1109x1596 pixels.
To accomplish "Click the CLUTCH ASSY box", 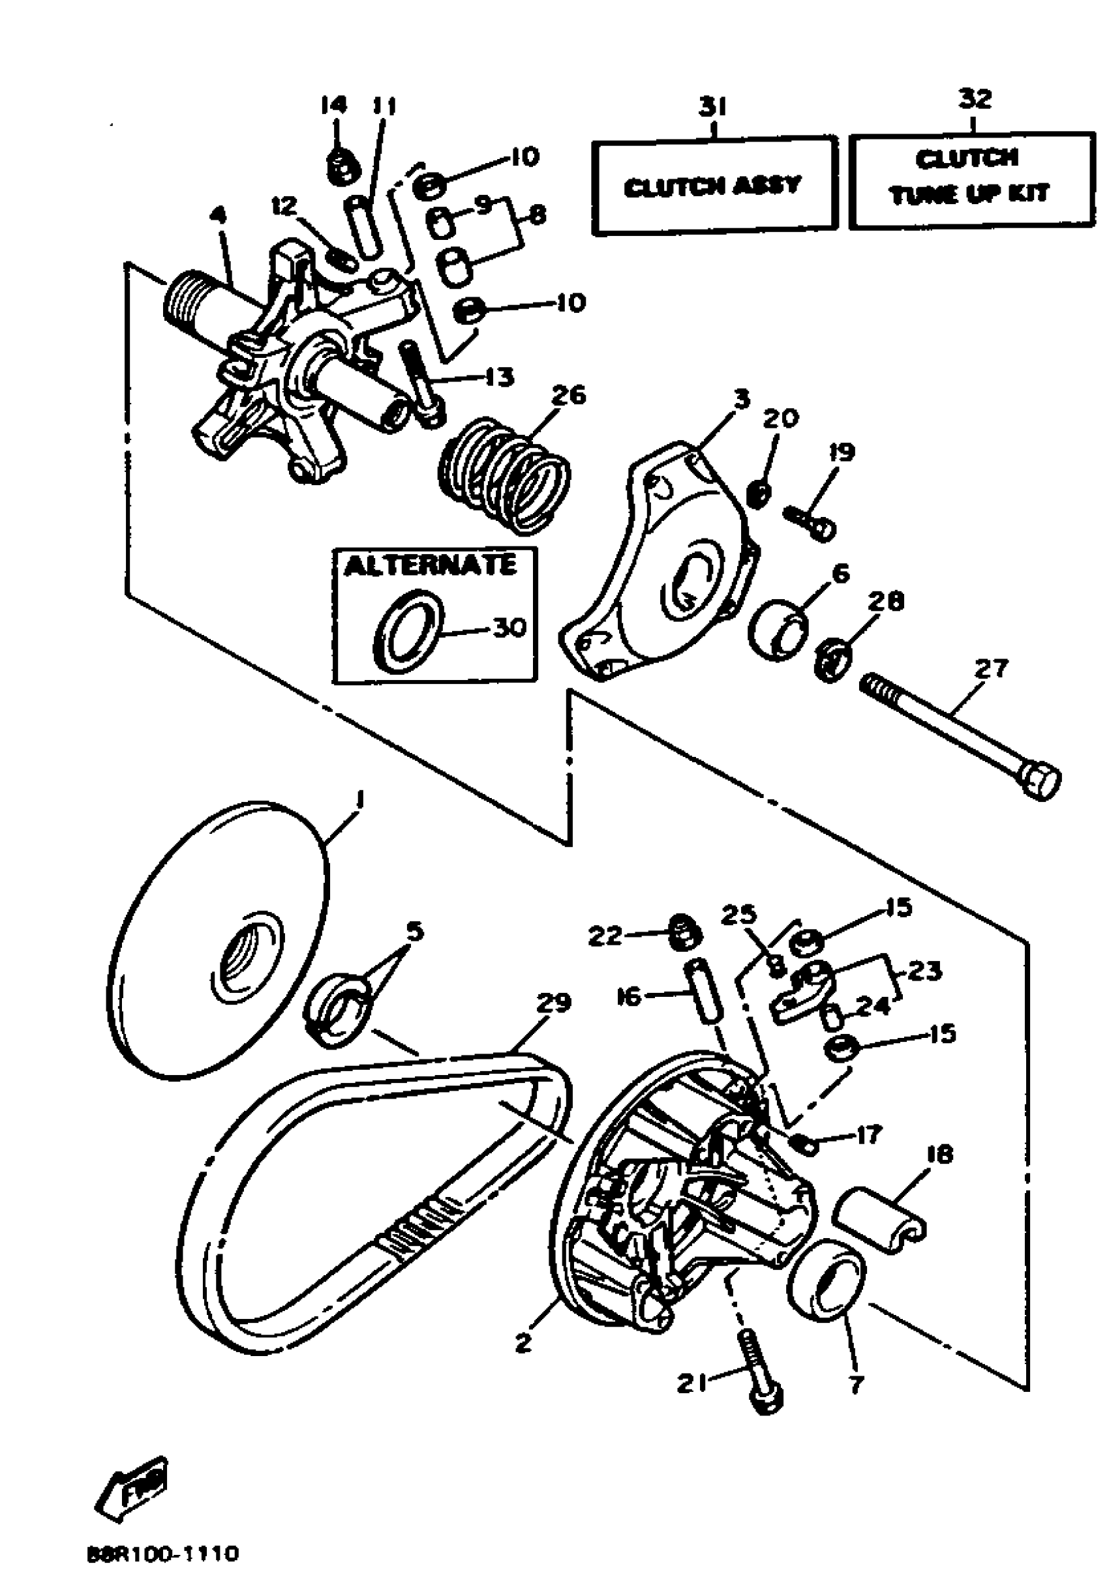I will click(x=714, y=185).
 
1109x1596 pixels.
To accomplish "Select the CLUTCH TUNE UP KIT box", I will click(x=971, y=180).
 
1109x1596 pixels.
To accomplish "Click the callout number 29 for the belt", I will click(x=554, y=1003).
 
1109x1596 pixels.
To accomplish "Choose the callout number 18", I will click(x=939, y=1153).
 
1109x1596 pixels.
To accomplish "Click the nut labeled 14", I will click(x=340, y=167).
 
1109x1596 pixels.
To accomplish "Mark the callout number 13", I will click(x=500, y=377).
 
